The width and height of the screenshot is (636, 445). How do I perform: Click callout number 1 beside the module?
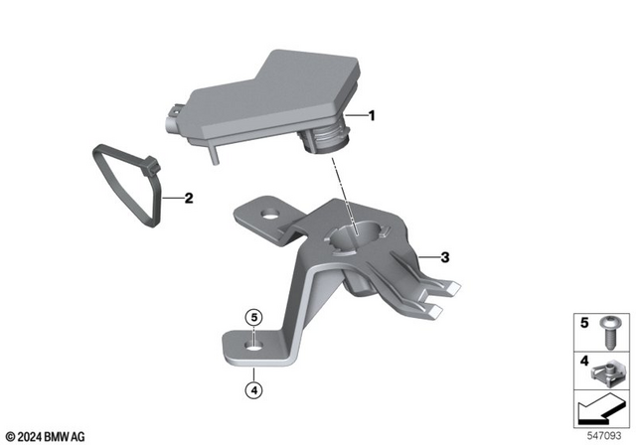(x=372, y=116)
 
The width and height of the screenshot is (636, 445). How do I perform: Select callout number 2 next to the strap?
(x=189, y=198)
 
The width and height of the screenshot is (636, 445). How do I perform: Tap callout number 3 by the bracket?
(x=445, y=257)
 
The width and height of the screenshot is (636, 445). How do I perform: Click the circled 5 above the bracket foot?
(x=254, y=318)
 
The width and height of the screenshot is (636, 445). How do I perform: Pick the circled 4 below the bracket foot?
(x=254, y=388)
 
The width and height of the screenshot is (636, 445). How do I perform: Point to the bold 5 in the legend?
(x=584, y=324)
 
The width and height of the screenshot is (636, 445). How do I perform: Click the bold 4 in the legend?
(x=584, y=361)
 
